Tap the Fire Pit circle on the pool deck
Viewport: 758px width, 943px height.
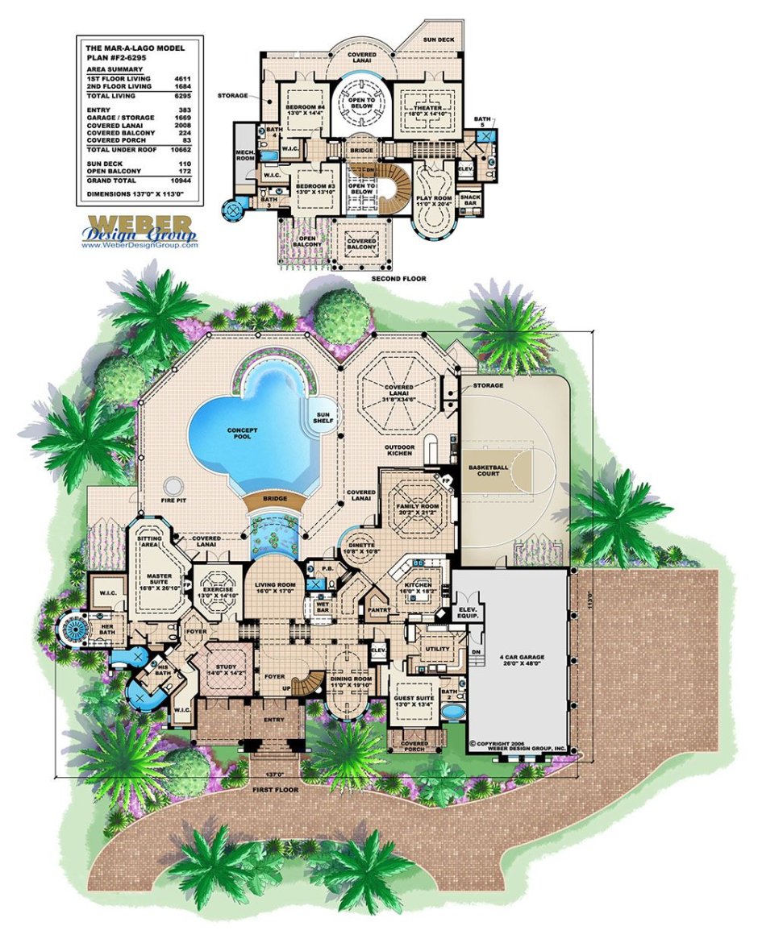172,486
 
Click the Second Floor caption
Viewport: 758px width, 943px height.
398,278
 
